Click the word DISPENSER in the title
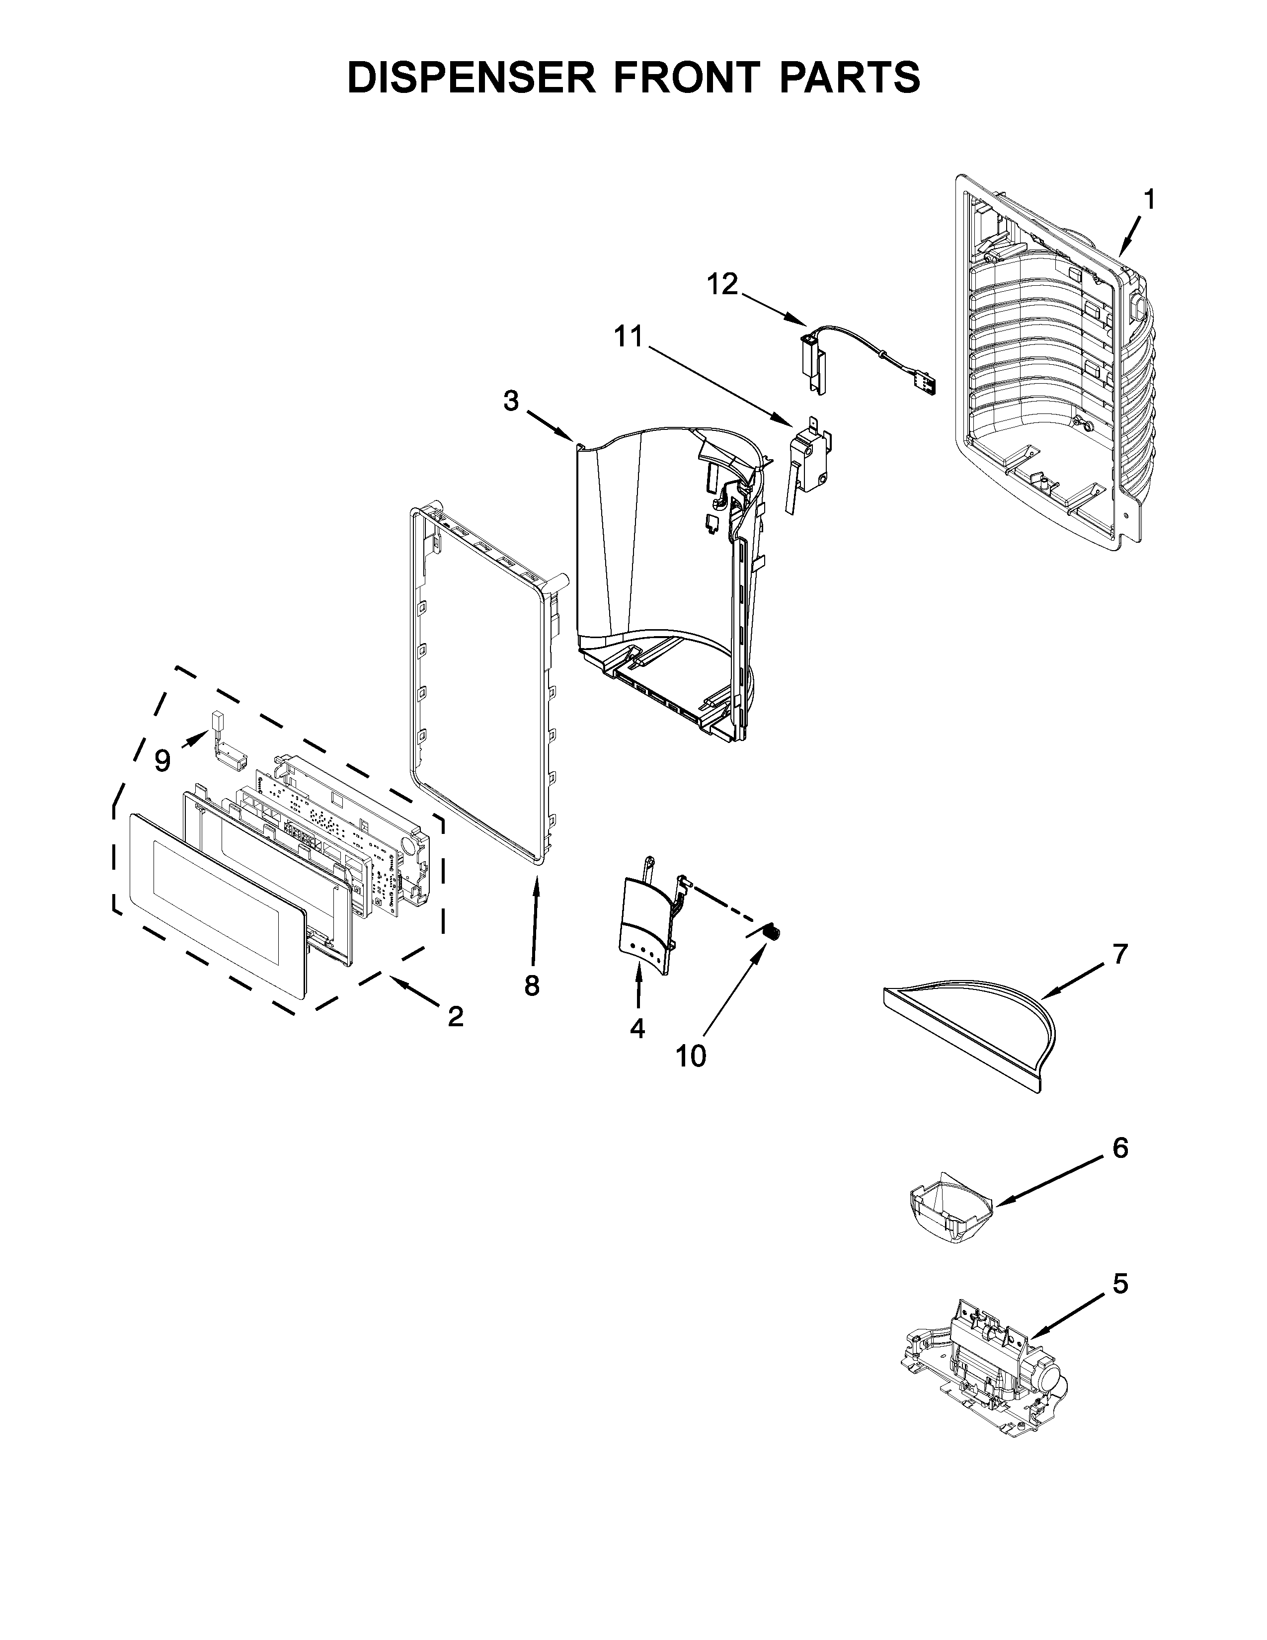coord(472,78)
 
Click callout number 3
coord(511,401)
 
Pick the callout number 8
coord(532,985)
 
